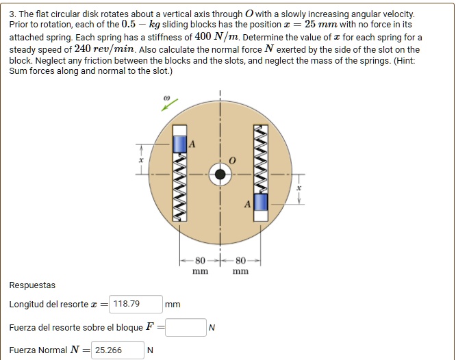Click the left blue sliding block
(x=179, y=142)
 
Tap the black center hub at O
(x=220, y=175)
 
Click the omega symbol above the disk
(x=165, y=99)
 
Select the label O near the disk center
(x=232, y=159)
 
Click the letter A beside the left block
(x=192, y=144)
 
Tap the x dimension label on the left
(x=141, y=159)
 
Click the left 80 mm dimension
(x=200, y=266)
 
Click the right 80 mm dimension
(x=240, y=266)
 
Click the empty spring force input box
(x=185, y=327)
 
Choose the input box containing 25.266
(x=118, y=350)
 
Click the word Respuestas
(x=33, y=285)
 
